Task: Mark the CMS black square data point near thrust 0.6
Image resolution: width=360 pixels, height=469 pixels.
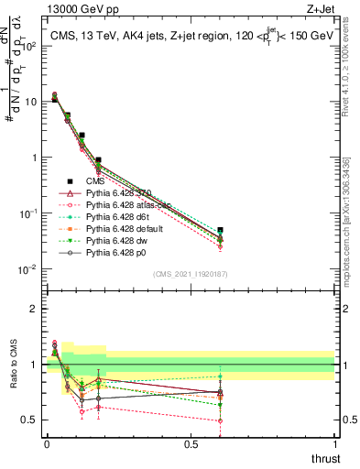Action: pyautogui.click(x=220, y=230)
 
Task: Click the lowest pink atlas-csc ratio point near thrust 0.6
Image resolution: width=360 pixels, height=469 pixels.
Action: pyautogui.click(x=220, y=421)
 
